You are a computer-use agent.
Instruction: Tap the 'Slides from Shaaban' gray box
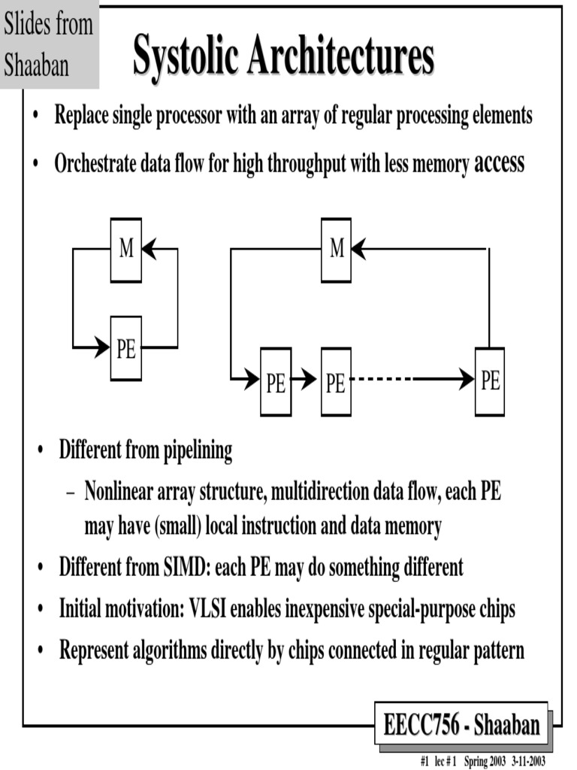click(49, 45)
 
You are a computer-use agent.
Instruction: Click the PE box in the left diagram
click(126, 348)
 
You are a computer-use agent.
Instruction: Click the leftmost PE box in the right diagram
click(276, 382)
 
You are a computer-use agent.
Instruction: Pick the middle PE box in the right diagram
click(336, 382)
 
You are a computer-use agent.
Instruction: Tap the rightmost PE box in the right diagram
click(490, 381)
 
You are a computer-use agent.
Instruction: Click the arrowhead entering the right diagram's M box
click(360, 249)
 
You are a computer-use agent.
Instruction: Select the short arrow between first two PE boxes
click(304, 380)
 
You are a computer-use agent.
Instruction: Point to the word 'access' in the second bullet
click(499, 163)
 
